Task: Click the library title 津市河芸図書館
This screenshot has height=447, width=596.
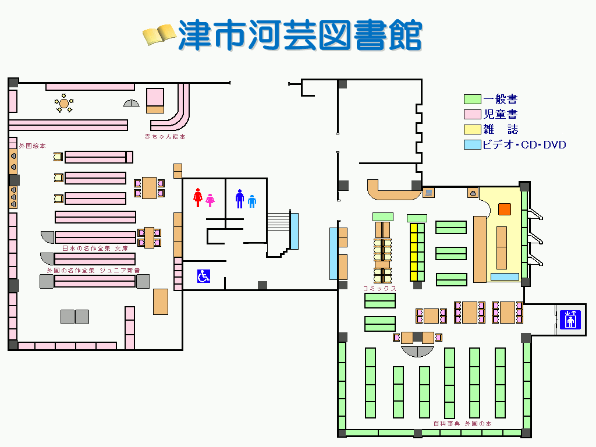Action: pyautogui.click(x=300, y=36)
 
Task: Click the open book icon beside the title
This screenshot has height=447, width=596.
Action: pyautogui.click(x=159, y=34)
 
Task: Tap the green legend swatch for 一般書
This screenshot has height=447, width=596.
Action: pyautogui.click(x=472, y=100)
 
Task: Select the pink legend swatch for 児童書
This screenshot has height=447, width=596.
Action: pyautogui.click(x=472, y=115)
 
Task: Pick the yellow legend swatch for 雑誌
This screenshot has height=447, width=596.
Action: pyautogui.click(x=472, y=129)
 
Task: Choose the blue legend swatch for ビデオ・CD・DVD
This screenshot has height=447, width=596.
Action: pyautogui.click(x=472, y=144)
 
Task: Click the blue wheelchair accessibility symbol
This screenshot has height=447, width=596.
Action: pyautogui.click(x=204, y=276)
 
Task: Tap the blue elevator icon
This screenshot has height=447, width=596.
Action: pyautogui.click(x=570, y=320)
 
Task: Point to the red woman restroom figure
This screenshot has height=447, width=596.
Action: pyautogui.click(x=198, y=197)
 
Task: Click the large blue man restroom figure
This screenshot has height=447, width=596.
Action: pyautogui.click(x=239, y=198)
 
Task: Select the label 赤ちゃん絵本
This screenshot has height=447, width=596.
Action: pyautogui.click(x=165, y=137)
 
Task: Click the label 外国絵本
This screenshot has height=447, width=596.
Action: pyautogui.click(x=32, y=146)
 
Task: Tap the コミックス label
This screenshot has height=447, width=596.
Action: pyautogui.click(x=379, y=288)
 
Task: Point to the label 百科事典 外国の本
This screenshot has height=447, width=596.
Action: pyautogui.click(x=462, y=424)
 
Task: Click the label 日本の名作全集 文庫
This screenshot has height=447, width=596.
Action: pyautogui.click(x=95, y=249)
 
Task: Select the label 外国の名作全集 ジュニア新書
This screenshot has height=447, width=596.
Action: pyautogui.click(x=93, y=271)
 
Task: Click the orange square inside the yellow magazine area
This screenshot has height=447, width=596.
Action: pyautogui.click(x=504, y=208)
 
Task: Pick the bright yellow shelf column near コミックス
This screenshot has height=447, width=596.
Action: pyautogui.click(x=417, y=251)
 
